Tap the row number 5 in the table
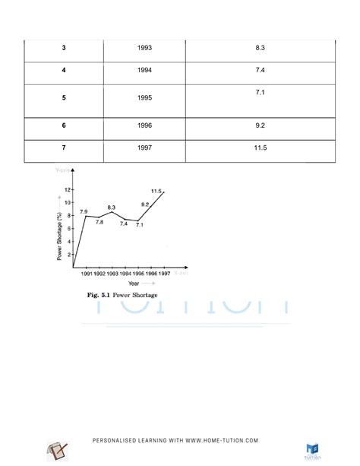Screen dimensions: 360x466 (x=63, y=98)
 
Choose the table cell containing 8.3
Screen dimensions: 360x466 (x=261, y=47)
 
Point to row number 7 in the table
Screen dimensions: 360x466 (x=63, y=147)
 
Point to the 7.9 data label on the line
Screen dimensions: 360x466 (x=84, y=211)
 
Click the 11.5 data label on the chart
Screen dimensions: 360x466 (x=156, y=191)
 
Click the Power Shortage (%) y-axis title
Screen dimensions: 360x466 (x=59, y=236)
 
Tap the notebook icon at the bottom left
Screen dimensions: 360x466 (x=56, y=451)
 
